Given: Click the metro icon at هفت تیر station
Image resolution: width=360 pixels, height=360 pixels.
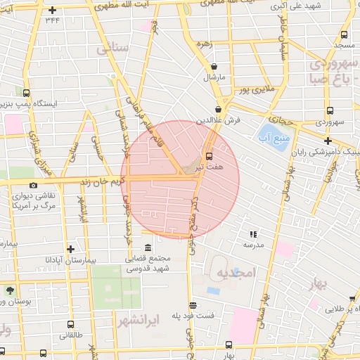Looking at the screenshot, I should click(x=209, y=156).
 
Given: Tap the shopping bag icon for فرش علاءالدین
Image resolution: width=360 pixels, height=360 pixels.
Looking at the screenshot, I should click(x=219, y=109).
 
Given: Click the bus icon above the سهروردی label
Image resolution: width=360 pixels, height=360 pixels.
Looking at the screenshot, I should click(x=330, y=110).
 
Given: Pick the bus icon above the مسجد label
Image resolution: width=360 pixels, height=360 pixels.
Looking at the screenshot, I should click(x=343, y=34).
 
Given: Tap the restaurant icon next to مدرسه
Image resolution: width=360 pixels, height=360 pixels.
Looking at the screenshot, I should click(x=253, y=234).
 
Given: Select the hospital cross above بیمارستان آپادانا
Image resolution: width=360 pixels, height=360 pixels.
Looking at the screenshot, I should click(x=70, y=249).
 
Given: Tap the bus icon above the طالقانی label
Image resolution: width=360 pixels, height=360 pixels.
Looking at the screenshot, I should click(x=70, y=324).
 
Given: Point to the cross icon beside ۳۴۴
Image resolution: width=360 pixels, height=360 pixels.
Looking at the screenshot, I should click(x=53, y=11).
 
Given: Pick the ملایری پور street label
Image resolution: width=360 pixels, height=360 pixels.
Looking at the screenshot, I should click(x=252, y=91).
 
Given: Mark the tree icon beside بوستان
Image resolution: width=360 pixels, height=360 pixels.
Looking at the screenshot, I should click(x=10, y=290).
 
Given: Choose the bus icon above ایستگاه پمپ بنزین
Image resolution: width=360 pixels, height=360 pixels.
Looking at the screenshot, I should click(x=27, y=92).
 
